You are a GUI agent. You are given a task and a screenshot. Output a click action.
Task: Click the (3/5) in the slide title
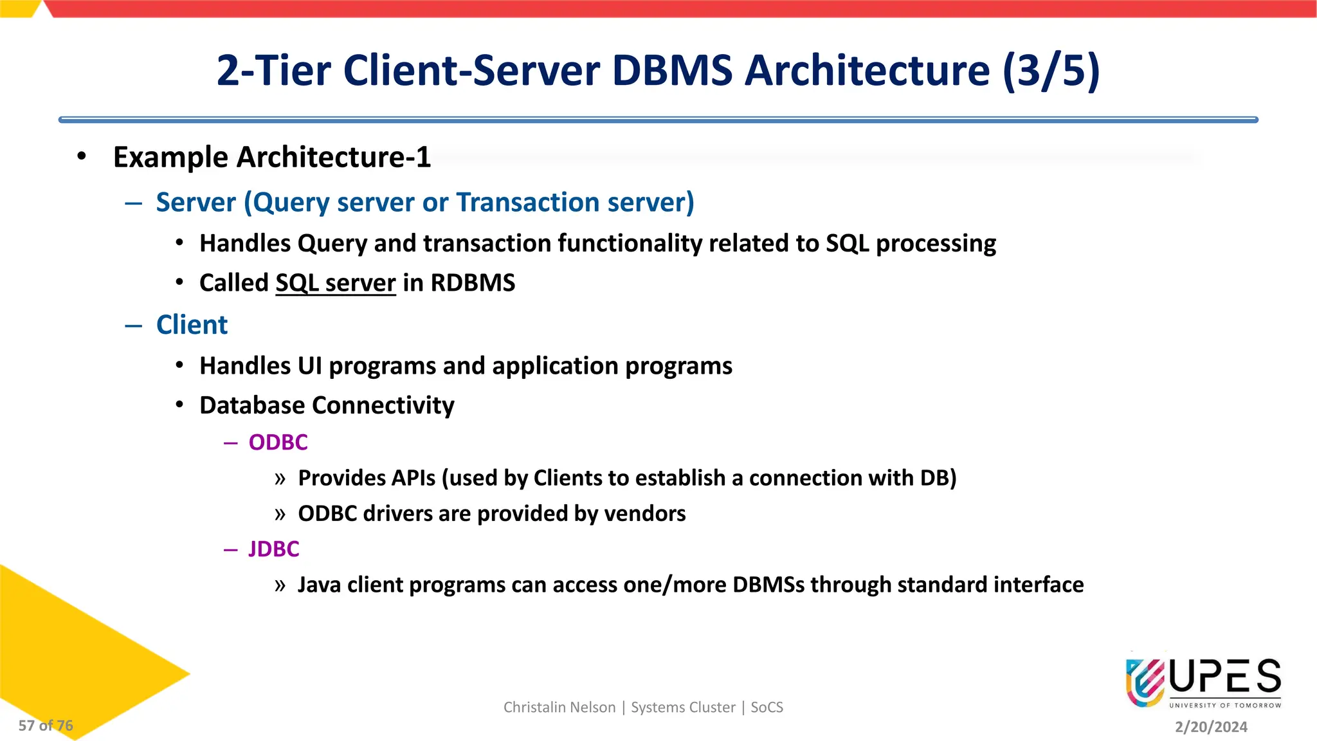coord(1051,71)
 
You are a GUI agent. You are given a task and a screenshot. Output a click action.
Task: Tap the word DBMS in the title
coord(672,71)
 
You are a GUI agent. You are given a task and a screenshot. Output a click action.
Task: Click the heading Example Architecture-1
coord(271,158)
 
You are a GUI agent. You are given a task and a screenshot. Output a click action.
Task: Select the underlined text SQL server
coord(335,283)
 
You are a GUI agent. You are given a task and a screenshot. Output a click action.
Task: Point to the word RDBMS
coord(473,283)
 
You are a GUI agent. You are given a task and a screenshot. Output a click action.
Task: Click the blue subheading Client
coord(192,325)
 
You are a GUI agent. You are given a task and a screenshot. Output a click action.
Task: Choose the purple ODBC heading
coord(278,443)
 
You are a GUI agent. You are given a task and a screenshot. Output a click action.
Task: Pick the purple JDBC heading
coord(274,549)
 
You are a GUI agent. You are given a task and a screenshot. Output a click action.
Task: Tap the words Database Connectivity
coord(327,405)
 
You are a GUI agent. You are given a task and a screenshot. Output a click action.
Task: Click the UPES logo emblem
coord(1145,682)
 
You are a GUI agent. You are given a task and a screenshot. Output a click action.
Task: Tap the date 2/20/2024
coord(1211,727)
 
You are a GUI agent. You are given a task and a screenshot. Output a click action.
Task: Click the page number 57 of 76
coord(46,726)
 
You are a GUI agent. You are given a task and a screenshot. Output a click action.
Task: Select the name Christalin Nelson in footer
coord(559,708)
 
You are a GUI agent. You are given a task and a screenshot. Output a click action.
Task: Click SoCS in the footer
coord(767,708)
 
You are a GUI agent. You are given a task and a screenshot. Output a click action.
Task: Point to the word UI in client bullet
coord(309,366)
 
